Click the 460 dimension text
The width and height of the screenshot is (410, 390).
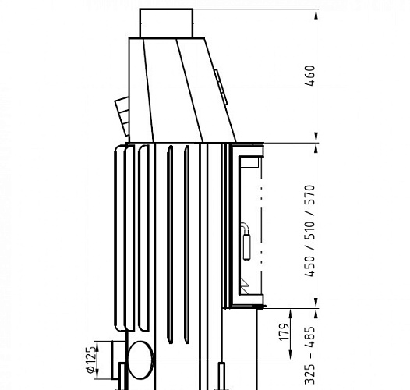tap(310, 76)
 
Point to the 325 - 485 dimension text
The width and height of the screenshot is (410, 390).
tap(310, 355)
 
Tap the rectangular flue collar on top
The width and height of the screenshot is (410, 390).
tap(166, 23)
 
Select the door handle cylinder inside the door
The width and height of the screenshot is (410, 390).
tap(248, 246)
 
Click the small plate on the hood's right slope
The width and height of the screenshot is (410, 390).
tap(220, 86)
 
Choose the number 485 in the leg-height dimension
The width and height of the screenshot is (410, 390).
tap(310, 336)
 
